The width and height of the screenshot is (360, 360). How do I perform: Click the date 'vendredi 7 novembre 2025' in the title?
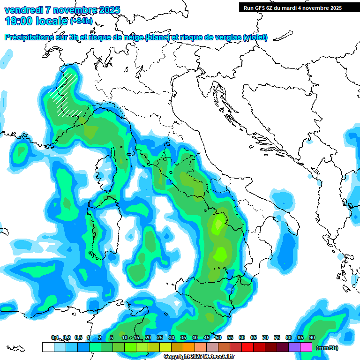tap(62, 10)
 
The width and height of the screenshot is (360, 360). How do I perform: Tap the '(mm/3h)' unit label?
tap(327, 348)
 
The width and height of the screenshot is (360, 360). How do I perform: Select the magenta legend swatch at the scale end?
tap(307, 347)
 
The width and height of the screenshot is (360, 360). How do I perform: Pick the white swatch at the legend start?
tap(48, 347)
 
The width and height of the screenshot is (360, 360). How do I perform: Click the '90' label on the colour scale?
tap(312, 338)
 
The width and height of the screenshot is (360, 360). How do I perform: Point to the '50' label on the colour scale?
tap(218, 338)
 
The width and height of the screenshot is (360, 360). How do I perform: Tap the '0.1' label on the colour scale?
tap(55, 338)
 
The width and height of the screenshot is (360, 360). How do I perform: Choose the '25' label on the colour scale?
tap(159, 338)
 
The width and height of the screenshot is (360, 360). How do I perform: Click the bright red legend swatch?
tap(247, 347)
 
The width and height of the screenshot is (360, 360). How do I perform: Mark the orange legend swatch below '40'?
tap(189, 347)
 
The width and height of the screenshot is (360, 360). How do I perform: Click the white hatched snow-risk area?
tap(66, 96)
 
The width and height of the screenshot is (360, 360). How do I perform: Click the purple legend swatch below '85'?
tap(295, 347)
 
